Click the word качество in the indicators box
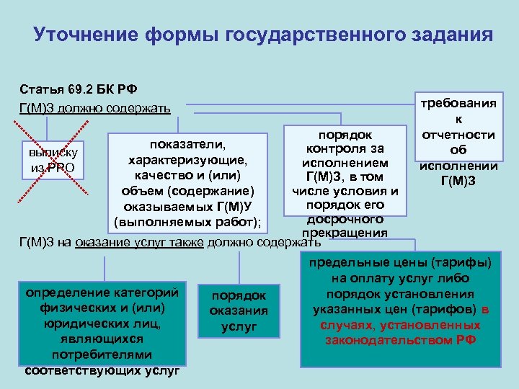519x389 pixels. click(164, 175)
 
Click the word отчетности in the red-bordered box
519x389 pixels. click(458, 135)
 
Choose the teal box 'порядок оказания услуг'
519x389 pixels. click(238, 311)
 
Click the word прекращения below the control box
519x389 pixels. click(345, 233)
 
